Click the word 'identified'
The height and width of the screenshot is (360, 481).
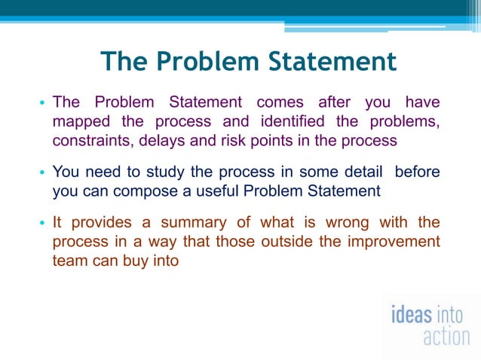click(293, 122)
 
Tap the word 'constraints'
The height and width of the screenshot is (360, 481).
click(89, 141)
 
